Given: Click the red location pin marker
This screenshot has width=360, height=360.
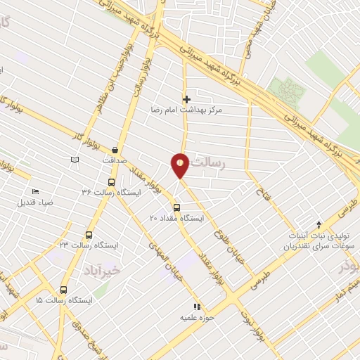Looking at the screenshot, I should pos(180,164).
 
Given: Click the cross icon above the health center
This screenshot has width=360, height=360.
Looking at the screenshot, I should pos(186,100).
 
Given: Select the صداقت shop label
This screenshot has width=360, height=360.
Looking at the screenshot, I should pos(114,160).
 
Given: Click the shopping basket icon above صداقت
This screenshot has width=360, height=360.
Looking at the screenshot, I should pos(115,150).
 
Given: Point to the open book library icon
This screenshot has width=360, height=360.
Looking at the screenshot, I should pos(75,161).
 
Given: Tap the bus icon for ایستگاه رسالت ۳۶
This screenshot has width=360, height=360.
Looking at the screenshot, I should pos(102,181).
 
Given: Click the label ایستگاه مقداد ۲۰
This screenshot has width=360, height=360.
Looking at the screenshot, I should pos(176,219).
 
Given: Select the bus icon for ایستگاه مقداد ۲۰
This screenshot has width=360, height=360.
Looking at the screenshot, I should pos(176,207).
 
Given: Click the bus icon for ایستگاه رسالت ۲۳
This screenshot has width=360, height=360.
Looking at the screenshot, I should pos(89,236).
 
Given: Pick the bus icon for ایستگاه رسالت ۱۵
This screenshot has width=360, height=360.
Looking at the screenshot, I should pos(64,289).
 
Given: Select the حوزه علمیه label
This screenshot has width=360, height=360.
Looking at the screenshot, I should pos(198,318).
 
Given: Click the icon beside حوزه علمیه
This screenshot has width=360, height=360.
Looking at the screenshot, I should pos(198,307).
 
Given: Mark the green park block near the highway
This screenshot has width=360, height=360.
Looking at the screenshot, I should pos(287,91).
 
